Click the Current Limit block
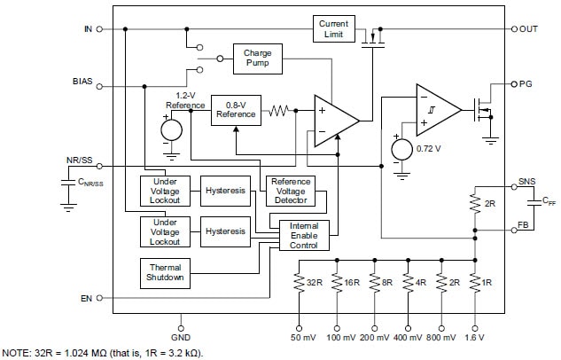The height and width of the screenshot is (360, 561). coord(333,28)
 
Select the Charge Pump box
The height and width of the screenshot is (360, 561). coord(257,59)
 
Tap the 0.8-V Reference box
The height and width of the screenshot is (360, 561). coord(236,110)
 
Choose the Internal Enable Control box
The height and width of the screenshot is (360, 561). coord(304,236)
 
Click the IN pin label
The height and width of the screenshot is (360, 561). coord(87,28)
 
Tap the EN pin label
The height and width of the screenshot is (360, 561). coord(86,298)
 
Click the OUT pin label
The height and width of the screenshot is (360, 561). coord(528,28)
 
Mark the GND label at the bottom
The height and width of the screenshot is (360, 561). coord(182,337)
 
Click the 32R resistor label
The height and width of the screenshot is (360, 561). coord(314,283)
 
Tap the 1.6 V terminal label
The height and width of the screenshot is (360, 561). coord(476,338)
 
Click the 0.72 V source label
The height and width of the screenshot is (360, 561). coord(428,147)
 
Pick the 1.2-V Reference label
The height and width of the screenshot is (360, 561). coord(185,99)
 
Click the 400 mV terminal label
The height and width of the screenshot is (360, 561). coord(408,338)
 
